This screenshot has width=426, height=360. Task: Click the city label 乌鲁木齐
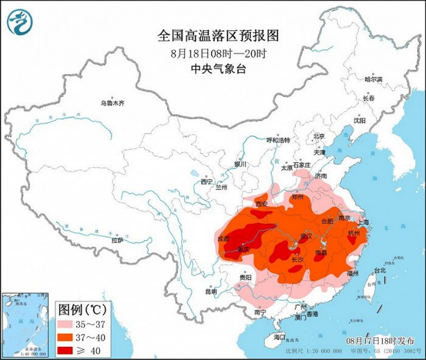tap(112, 103)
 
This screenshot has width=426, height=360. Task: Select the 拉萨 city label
tap(117, 240)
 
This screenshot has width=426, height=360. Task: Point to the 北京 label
tap(319, 136)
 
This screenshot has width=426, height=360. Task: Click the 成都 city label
tap(224, 238)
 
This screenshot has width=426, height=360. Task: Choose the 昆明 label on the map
tap(211, 291)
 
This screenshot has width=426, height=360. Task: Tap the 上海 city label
tap(365, 222)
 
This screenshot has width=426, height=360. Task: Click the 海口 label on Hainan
tap(279, 337)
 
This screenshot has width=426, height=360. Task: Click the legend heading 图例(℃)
tap(81, 309)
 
